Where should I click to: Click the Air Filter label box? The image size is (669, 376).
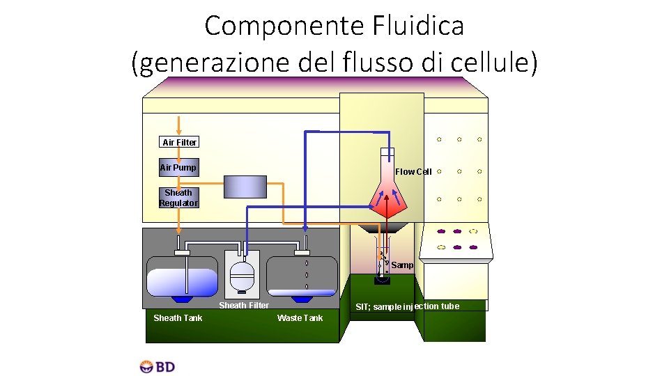[179, 142]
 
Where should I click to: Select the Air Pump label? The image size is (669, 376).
[178, 167]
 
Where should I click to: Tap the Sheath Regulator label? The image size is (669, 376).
[178, 198]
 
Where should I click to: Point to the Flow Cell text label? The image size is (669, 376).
[413, 171]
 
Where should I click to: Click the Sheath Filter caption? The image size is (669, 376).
[244, 305]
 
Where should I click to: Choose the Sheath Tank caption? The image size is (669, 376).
[178, 318]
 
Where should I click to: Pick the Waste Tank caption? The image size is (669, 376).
[300, 318]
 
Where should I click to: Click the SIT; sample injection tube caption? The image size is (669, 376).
[407, 306]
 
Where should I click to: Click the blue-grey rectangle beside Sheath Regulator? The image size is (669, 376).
[246, 187]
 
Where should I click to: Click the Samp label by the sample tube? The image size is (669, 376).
[402, 265]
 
